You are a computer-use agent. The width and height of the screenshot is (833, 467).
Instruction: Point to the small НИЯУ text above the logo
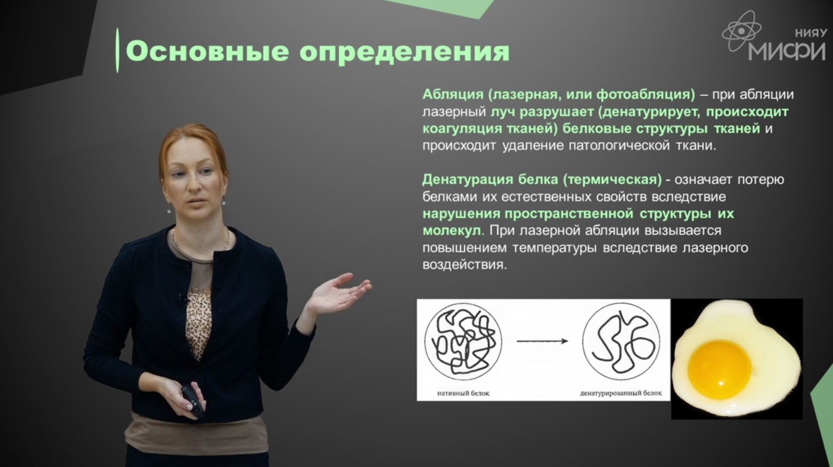[811, 33]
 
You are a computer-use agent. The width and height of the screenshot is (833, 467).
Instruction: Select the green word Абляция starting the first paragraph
[452, 95]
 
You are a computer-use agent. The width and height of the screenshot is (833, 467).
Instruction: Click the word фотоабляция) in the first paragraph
[646, 95]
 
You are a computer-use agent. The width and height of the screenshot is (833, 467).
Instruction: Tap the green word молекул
[452, 231]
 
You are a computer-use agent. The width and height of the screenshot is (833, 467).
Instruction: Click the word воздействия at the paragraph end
[464, 264]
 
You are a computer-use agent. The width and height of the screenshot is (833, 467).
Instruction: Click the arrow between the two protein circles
[542, 341]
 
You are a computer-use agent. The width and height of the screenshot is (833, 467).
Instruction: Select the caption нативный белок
[463, 393]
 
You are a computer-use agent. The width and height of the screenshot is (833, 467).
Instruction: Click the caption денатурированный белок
[621, 393]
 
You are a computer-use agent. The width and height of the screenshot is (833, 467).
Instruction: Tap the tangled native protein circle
[463, 342]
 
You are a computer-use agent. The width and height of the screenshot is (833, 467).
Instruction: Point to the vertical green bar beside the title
[118, 50]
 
